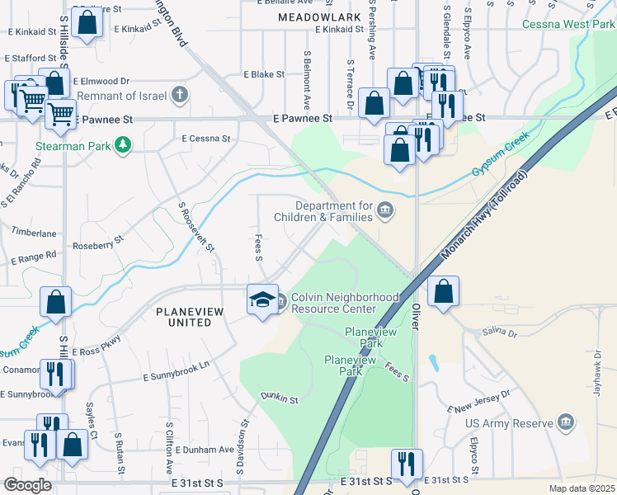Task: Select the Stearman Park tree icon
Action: [123, 145]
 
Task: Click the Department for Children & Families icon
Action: [385, 213]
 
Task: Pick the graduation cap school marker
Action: [262, 299]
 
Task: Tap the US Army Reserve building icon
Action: [566, 423]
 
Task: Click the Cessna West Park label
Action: [568, 24]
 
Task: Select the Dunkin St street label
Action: [279, 398]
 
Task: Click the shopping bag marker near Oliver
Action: [443, 290]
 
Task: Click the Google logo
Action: [27, 485]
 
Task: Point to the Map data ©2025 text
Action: [582, 488]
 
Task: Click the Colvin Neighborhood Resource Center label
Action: [337, 303]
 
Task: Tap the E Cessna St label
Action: [206, 139]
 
